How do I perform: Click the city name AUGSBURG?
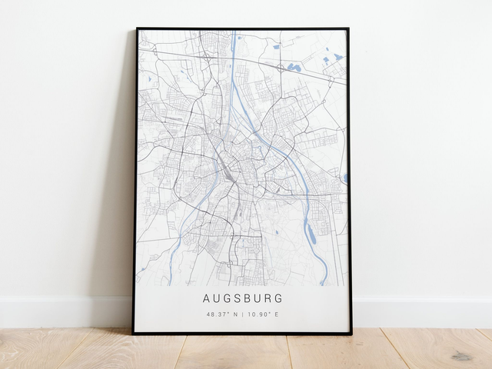click(x=242, y=298)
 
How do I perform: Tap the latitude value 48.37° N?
click(x=222, y=314)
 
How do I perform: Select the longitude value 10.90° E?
click(x=263, y=314)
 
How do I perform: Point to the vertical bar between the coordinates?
click(x=243, y=314)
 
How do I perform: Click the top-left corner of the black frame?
click(x=137, y=29)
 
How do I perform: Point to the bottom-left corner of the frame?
click(x=133, y=333)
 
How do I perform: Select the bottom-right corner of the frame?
click(x=351, y=334)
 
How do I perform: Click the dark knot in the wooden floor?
click(x=461, y=356)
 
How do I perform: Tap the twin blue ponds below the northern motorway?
click(x=294, y=68)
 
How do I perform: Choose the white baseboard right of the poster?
click(x=423, y=312)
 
